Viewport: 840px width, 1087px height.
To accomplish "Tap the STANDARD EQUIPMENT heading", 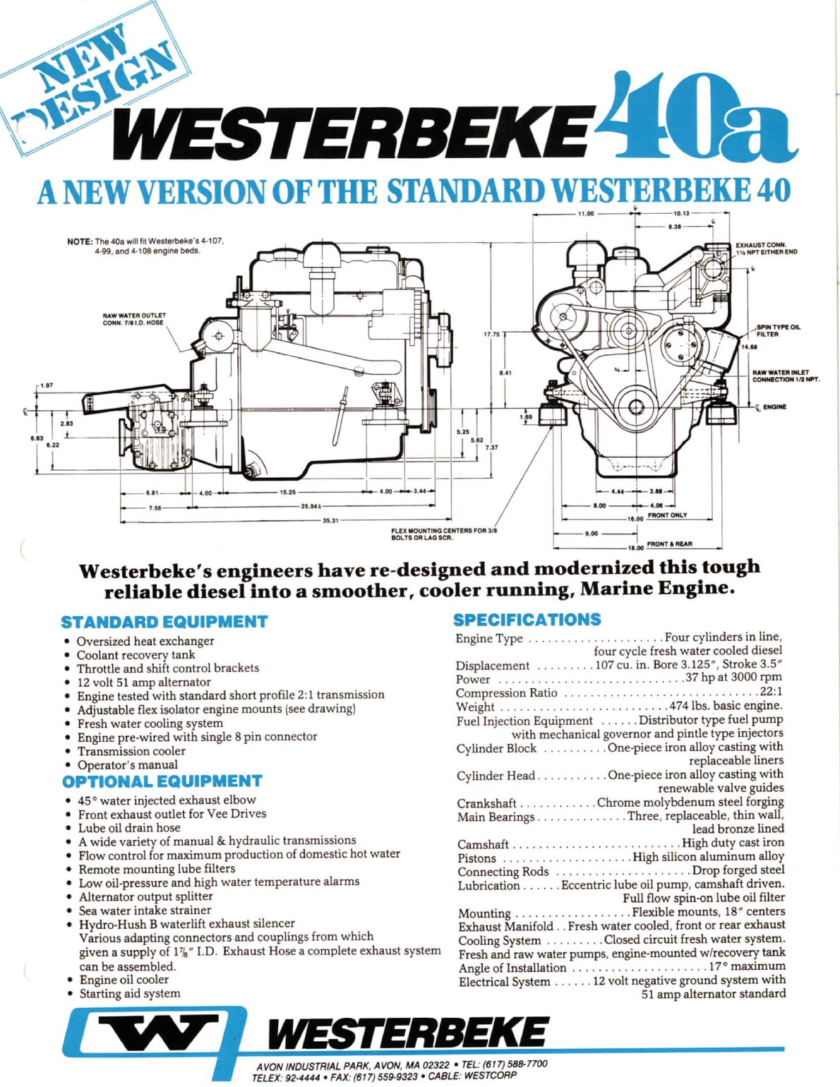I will [164, 622].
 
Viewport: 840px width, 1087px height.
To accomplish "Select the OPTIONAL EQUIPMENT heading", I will [162, 781].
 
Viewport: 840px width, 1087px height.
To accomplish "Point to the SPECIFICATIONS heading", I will [527, 620].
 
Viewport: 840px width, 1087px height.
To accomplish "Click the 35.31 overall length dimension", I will [330, 521].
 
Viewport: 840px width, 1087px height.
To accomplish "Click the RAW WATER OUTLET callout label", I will [134, 319].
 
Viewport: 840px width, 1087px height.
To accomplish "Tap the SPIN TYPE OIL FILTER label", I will [778, 330].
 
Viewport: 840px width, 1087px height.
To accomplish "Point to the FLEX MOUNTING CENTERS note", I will [444, 534].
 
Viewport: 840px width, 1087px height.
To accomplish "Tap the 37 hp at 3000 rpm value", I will [733, 678].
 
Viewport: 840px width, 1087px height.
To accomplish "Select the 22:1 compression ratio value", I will [771, 692].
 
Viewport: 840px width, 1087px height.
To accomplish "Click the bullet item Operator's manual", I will [127, 764].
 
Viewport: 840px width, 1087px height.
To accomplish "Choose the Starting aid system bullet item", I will [129, 993].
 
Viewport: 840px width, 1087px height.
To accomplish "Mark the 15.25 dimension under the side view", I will [288, 493].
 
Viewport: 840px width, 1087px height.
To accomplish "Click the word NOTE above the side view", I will [80, 241].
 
